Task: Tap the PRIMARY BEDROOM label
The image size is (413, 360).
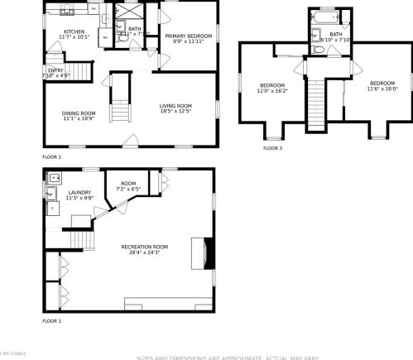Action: point(187,36)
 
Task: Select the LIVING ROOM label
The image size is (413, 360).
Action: point(175,106)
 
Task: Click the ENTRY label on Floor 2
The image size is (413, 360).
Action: point(55,70)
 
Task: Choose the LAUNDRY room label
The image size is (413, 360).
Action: point(79,193)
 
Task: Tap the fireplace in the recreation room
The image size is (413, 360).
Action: point(204,253)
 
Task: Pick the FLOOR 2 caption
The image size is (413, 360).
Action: point(51,156)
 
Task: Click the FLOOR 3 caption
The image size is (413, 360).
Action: point(272,148)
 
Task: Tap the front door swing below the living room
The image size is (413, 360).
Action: point(129,141)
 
